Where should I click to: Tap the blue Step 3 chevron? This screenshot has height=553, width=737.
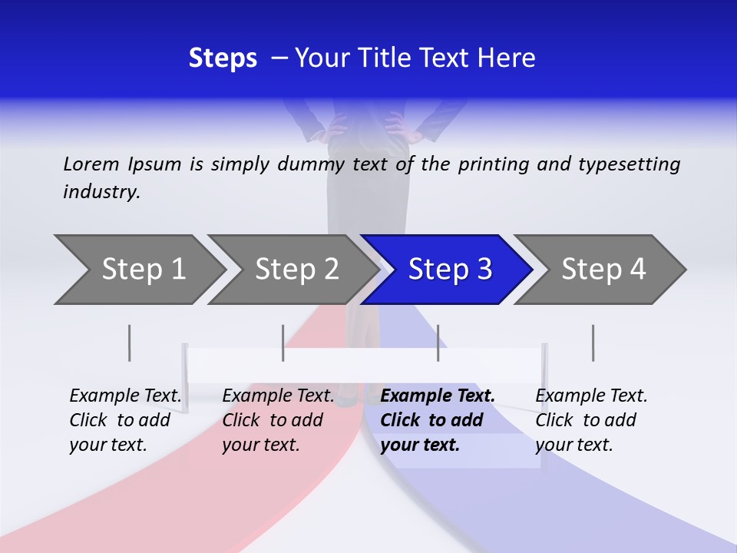449,270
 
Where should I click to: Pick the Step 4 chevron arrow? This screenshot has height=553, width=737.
603,270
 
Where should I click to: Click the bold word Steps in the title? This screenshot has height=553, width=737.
223,58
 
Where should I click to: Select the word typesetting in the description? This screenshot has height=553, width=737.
629,164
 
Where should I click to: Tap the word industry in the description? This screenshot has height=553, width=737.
101,192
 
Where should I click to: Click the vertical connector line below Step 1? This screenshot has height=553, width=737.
130,343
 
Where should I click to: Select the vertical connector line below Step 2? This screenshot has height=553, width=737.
283,343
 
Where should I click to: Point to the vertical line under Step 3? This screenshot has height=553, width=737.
438,343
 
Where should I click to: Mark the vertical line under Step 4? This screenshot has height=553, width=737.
593,343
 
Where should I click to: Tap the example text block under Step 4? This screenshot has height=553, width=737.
591,420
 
